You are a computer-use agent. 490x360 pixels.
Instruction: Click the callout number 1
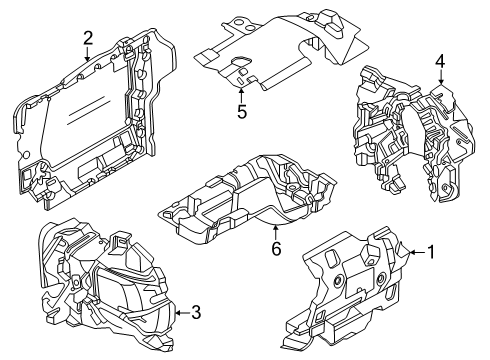point(431,252)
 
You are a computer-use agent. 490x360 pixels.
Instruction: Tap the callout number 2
point(88,38)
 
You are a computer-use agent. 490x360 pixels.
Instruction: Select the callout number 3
point(197,313)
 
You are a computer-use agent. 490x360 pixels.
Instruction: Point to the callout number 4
point(440,62)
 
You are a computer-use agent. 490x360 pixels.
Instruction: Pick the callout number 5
point(242,111)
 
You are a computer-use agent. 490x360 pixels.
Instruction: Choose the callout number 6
point(276,248)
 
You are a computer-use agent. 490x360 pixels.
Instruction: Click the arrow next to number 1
point(417,252)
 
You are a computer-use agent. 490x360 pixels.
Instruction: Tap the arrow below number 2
point(87,54)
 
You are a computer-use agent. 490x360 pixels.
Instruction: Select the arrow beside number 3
point(183,313)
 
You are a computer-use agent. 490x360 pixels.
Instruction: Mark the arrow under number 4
point(441,77)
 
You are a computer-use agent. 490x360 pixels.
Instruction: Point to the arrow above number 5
point(241,95)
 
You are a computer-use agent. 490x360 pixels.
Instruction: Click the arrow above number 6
point(275,233)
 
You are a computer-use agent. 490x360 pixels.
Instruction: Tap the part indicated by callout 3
point(107,287)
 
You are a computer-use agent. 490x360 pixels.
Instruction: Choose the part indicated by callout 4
point(413,133)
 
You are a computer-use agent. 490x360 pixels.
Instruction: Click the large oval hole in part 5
point(241,61)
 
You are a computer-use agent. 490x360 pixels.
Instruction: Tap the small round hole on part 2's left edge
point(25,155)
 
